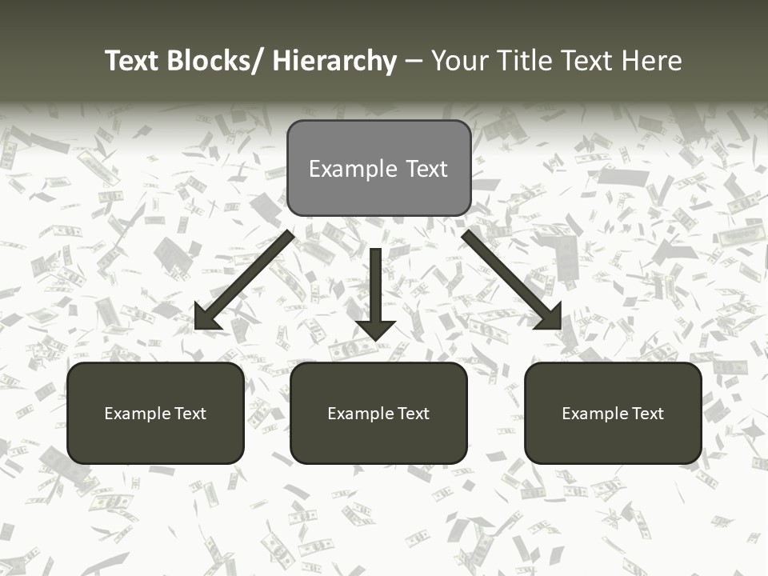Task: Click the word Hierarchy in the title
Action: click(x=334, y=61)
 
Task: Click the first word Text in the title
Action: click(x=132, y=61)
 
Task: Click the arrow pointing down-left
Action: click(x=248, y=276)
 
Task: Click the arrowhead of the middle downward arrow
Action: click(x=375, y=328)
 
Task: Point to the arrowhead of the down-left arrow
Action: click(x=206, y=318)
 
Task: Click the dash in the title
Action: click(x=414, y=62)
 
